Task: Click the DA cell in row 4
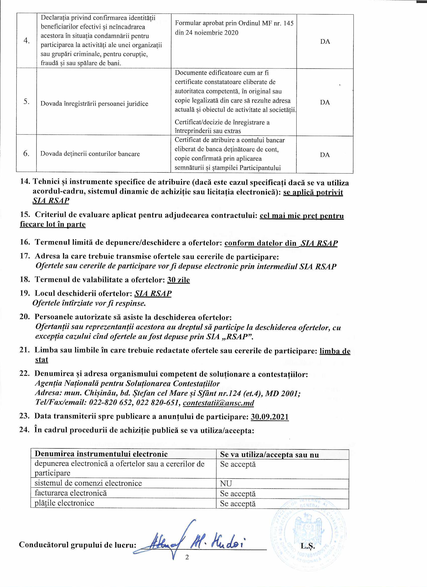point(325,42)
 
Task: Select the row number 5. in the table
point(26,101)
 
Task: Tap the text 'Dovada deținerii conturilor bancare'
point(90,154)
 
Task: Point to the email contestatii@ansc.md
point(218,403)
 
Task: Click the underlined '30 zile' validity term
point(178,280)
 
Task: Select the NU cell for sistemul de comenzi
point(226,484)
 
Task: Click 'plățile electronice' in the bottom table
point(65,503)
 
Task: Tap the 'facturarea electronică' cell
point(71,493)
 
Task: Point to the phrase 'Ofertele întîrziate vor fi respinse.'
point(89,303)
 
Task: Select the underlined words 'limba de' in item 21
point(335,351)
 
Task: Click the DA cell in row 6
point(325,155)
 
